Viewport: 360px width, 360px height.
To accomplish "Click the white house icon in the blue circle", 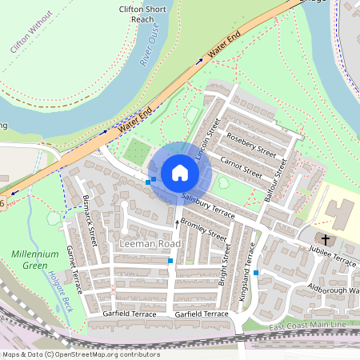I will point(180,172).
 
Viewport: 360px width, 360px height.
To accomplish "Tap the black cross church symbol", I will point(326,239).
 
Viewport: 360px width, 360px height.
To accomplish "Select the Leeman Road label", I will point(149,242).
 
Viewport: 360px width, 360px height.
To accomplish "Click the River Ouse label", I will point(150,49).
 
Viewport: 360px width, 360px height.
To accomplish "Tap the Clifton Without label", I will point(30,32).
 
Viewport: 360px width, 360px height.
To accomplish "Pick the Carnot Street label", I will point(241,166).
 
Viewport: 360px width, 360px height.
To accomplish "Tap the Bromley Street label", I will point(203,228).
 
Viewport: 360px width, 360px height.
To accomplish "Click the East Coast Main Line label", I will point(308,326).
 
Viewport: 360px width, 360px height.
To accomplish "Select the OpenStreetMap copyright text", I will point(80,354).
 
